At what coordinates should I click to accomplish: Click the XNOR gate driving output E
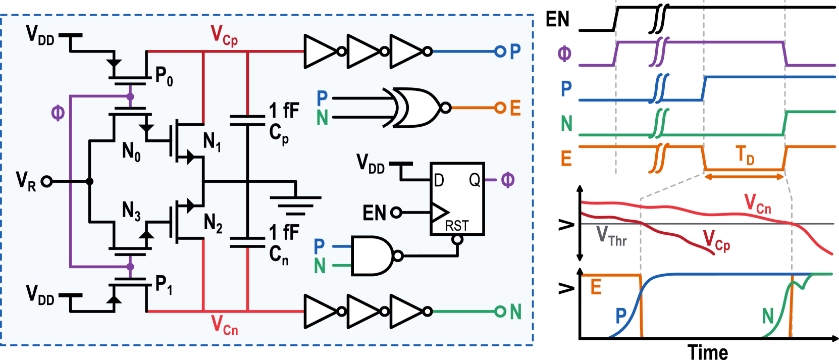(x=416, y=108)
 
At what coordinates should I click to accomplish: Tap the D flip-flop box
(x=457, y=199)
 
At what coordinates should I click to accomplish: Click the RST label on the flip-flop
(x=457, y=226)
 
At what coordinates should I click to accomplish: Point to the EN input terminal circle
(x=396, y=213)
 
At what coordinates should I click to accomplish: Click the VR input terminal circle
(x=46, y=181)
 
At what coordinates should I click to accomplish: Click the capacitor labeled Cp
(x=247, y=120)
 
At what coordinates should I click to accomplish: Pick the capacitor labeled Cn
(x=247, y=242)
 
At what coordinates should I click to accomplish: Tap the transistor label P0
(x=164, y=76)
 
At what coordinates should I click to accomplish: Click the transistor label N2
(x=213, y=223)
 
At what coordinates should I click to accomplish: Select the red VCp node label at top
(x=224, y=36)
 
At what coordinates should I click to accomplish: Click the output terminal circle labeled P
(x=500, y=52)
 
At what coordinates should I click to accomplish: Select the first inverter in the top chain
(x=320, y=52)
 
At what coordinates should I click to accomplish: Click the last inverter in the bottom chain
(x=407, y=312)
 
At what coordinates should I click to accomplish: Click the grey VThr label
(x=611, y=236)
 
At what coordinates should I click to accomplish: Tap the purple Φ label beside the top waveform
(x=564, y=54)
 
